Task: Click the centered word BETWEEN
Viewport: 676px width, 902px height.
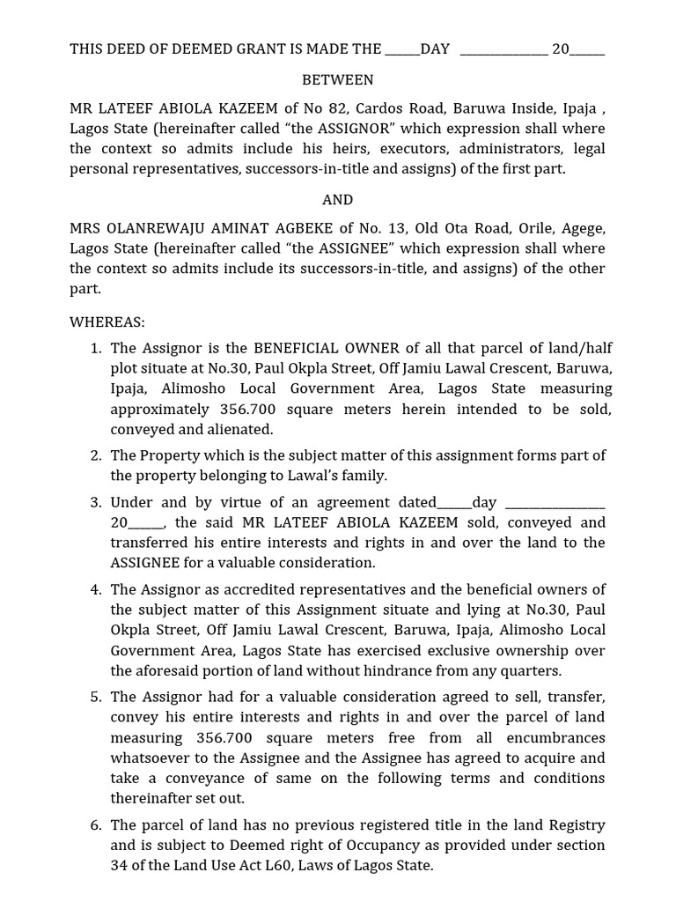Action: [x=337, y=80]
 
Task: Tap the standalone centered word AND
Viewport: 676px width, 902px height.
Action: [x=337, y=200]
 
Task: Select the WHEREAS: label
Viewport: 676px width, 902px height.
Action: [x=107, y=322]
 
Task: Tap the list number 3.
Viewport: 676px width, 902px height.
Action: [x=96, y=503]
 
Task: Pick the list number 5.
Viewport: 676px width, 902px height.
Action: [x=96, y=698]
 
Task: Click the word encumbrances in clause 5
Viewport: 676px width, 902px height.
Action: [x=561, y=738]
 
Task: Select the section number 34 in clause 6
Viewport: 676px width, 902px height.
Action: [x=120, y=866]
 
